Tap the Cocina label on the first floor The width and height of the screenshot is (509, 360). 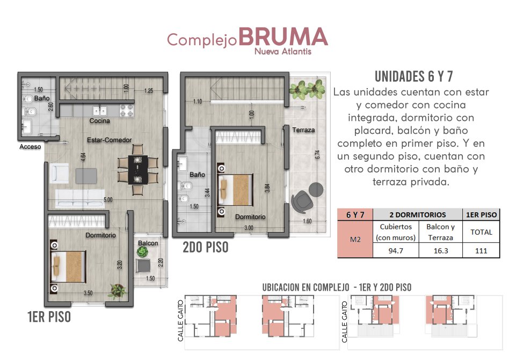pos(100,120)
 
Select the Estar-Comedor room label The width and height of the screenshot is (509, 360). pos(110,140)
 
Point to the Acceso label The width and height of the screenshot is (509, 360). pos(30,147)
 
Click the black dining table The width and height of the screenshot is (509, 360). pos(138,170)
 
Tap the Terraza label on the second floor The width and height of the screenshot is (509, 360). pos(303,130)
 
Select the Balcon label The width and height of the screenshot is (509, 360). pos(148,243)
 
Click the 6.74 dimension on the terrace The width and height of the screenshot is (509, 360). pos(317,154)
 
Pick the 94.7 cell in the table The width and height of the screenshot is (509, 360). pos(396,250)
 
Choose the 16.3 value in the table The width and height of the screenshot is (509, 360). pos(440,250)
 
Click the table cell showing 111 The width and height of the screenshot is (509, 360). pos(481,250)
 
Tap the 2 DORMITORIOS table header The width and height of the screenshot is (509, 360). pos(418,214)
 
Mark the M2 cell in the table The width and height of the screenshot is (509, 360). pos(355,239)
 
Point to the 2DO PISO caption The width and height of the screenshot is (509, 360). pos(206,247)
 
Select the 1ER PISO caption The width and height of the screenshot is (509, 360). pos(49,317)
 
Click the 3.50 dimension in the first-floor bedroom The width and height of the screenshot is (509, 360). pos(88,293)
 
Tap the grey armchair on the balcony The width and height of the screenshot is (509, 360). pos(143,265)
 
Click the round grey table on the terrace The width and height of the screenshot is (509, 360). pos(316,190)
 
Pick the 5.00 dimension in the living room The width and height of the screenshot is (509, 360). pos(108,200)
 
